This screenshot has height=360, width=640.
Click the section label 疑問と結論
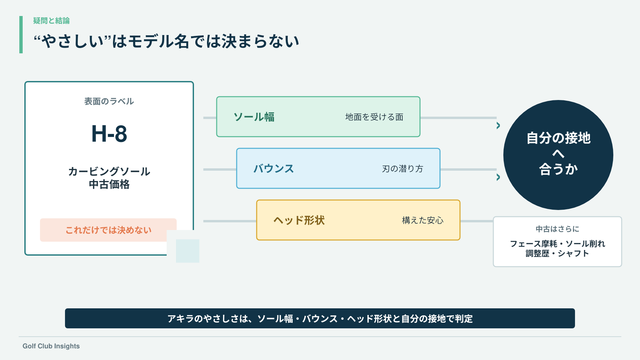51,21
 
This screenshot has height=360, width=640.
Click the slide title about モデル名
166,41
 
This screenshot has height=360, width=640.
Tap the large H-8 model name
109,134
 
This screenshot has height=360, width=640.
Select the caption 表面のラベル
109,101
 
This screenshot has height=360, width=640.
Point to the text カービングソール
109,171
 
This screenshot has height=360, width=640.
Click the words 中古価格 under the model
109,184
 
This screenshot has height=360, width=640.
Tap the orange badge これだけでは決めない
108,230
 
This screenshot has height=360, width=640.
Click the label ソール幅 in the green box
254,117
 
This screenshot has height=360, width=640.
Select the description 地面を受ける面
374,117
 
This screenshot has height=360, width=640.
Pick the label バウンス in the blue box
274,169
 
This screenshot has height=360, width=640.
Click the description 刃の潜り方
403,169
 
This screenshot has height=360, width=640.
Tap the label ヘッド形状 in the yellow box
299,220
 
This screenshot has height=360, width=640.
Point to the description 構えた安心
423,220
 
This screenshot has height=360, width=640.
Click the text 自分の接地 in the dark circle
558,138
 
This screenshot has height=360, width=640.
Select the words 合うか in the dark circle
558,169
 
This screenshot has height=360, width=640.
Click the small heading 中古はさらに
557,229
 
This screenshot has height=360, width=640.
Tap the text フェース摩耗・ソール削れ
557,244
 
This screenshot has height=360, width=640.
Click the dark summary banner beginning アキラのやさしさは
320,318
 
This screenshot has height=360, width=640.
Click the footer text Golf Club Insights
51,346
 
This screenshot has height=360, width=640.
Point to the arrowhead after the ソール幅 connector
498,126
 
